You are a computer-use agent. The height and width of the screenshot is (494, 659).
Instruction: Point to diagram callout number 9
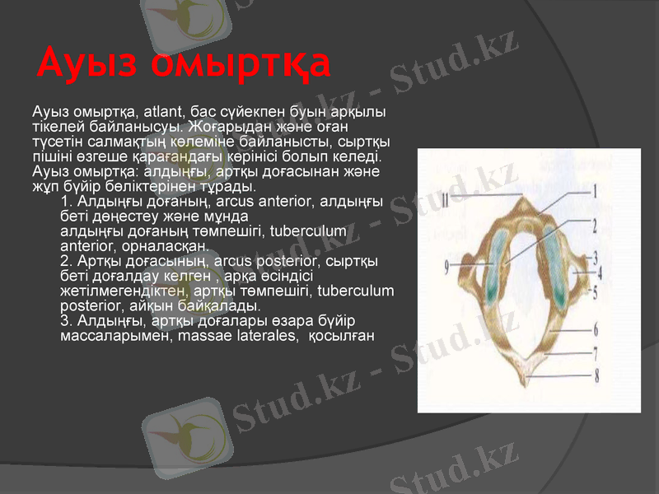[446, 266]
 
